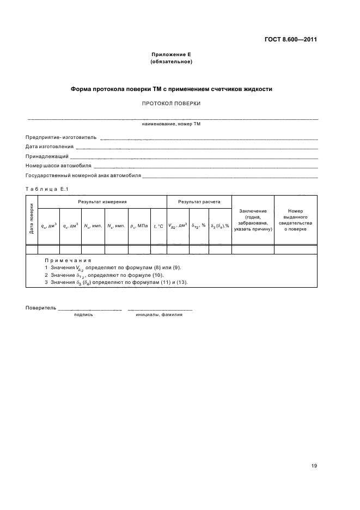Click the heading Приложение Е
[x=171, y=54]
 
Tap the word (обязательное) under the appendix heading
[x=171, y=62]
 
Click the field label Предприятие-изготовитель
[x=61, y=137]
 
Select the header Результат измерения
[x=102, y=202]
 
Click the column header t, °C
[x=158, y=226]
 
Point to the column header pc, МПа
[x=139, y=226]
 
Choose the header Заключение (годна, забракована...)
[x=253, y=220]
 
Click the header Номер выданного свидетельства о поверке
[x=296, y=220]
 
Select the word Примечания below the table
[x=68, y=260]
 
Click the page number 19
[x=314, y=466]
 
